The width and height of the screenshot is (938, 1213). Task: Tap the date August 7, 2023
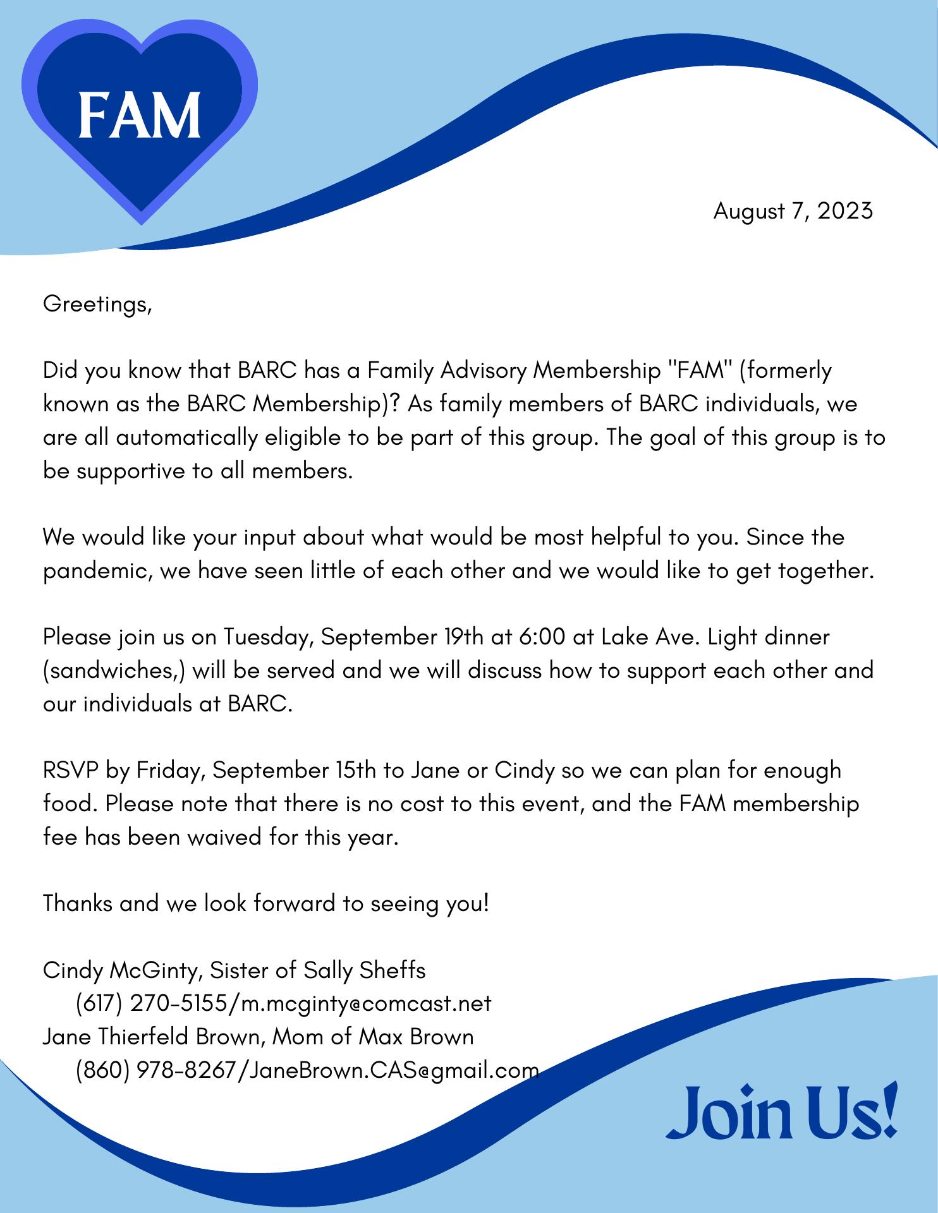click(x=793, y=210)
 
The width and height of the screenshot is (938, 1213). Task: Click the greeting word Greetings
click(x=97, y=305)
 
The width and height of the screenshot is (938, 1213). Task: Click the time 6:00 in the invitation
click(x=542, y=637)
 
